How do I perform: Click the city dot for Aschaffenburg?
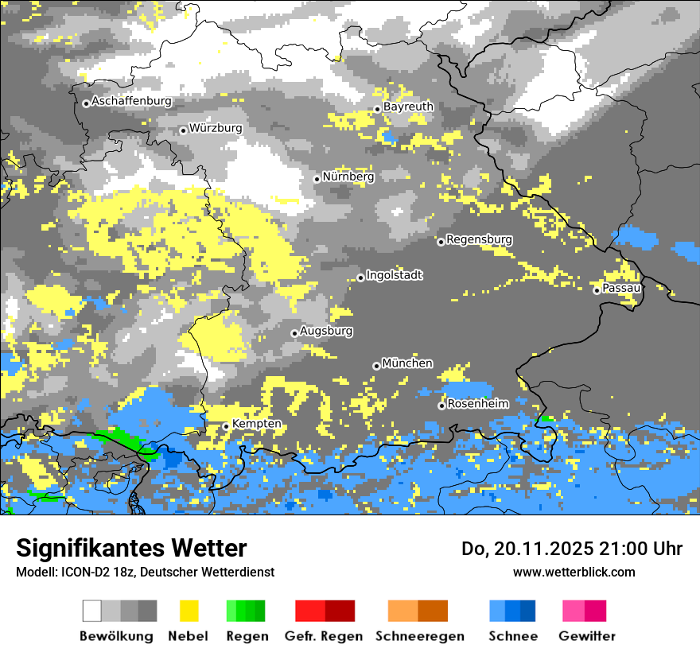(86, 103)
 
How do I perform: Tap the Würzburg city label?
(216, 128)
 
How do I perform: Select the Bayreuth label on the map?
(408, 107)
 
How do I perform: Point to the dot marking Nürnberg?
(317, 179)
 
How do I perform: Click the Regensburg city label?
(479, 239)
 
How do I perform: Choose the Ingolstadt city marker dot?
(360, 278)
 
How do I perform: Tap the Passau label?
(622, 288)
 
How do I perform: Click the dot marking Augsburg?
(294, 333)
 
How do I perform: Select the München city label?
(407, 363)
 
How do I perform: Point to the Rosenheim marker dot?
(441, 406)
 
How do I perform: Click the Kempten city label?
(256, 424)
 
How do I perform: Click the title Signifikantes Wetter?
(131, 549)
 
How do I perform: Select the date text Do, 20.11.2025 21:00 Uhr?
(572, 549)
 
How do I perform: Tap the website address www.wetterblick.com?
(574, 572)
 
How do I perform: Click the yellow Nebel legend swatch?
(189, 611)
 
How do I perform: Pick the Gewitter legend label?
(587, 636)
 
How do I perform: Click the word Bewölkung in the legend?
(116, 636)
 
